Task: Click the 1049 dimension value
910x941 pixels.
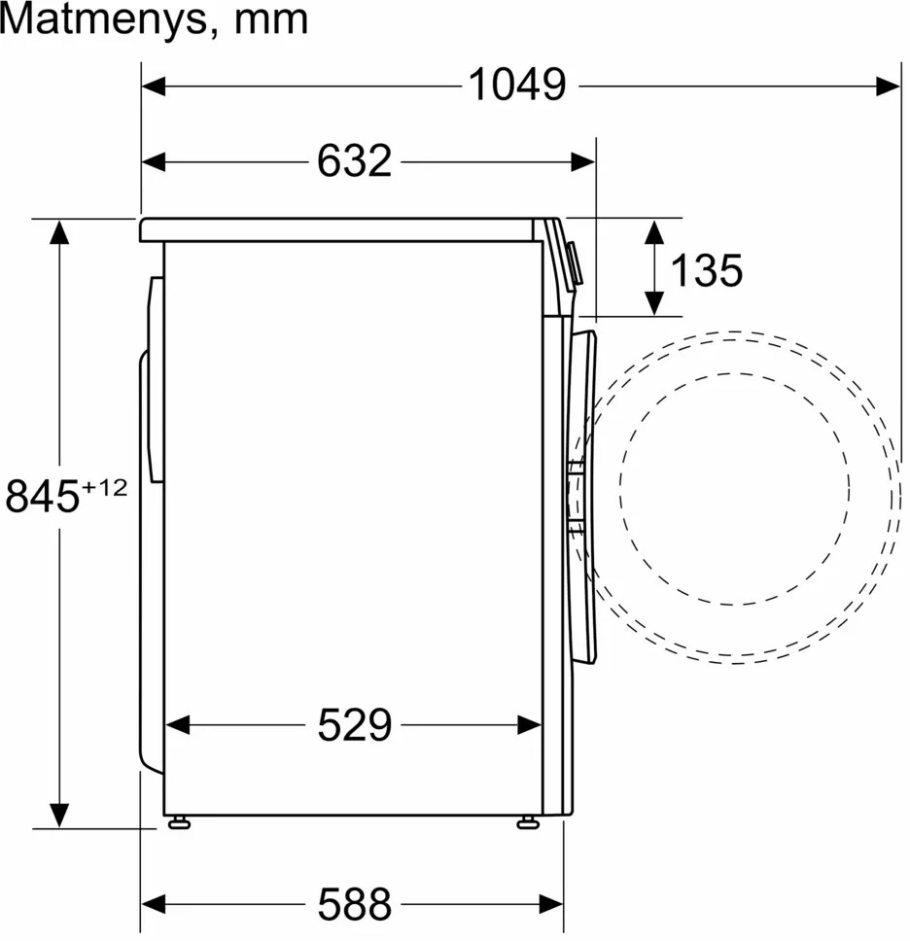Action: pos(517,85)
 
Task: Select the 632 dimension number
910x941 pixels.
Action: pos(354,160)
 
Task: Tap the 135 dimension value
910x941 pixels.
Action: pos(706,270)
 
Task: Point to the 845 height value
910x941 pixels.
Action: pos(42,496)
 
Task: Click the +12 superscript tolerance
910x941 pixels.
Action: pos(104,487)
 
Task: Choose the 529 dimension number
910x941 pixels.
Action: pos(354,725)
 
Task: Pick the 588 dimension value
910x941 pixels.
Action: pos(354,904)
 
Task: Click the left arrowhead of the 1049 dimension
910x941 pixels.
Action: pos(154,87)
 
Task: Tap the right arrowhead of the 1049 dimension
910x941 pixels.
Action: pos(889,87)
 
